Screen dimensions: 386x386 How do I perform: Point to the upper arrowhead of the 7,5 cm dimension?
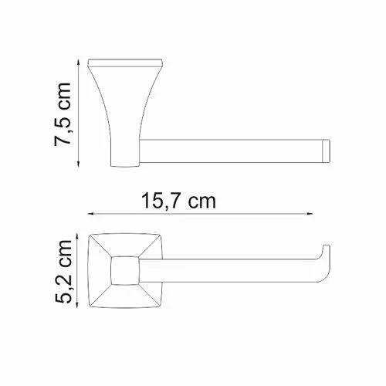coord(80,61)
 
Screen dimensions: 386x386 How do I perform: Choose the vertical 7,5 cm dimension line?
coord(80,111)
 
